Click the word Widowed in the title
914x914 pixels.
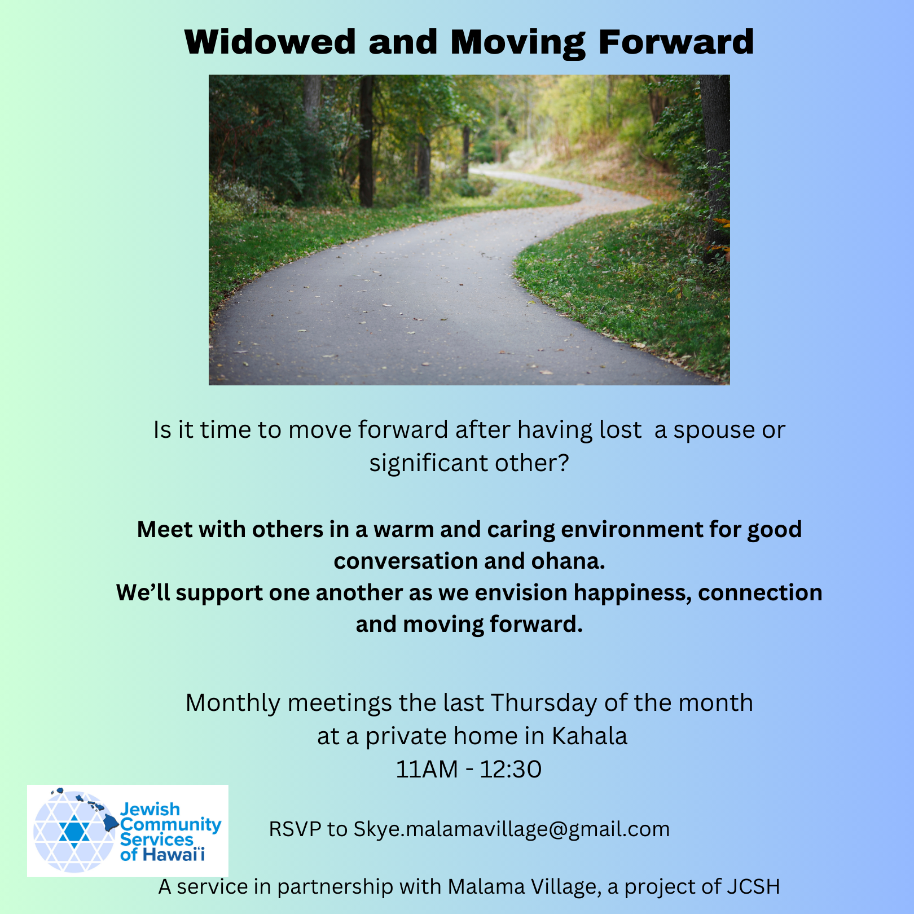pyautogui.click(x=270, y=42)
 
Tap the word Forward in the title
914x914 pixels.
pyautogui.click(x=676, y=42)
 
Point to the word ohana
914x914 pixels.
pyautogui.click(x=568, y=561)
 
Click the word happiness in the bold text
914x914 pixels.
pyautogui.click(x=632, y=594)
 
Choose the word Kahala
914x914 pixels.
pyautogui.click(x=589, y=736)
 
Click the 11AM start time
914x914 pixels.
pyautogui.click(x=427, y=769)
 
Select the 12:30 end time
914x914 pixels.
pyautogui.click(x=511, y=769)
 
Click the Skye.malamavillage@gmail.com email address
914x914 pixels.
pyautogui.click(x=512, y=829)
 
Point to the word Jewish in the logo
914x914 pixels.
pyautogui.click(x=150, y=809)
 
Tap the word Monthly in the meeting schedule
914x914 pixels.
pyautogui.click(x=233, y=704)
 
